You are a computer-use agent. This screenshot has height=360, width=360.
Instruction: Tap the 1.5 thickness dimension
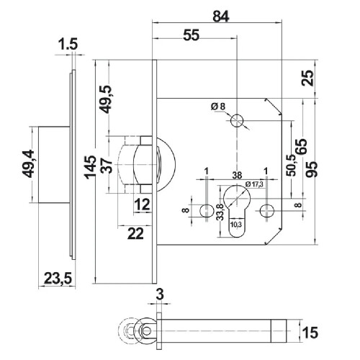click(x=68, y=45)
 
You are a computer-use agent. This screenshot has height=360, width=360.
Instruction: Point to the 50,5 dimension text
click(x=291, y=167)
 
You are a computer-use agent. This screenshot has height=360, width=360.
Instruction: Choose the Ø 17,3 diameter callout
click(x=254, y=185)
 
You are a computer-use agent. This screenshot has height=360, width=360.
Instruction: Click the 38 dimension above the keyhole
click(x=236, y=174)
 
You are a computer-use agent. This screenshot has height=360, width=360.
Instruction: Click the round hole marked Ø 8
click(x=236, y=122)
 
